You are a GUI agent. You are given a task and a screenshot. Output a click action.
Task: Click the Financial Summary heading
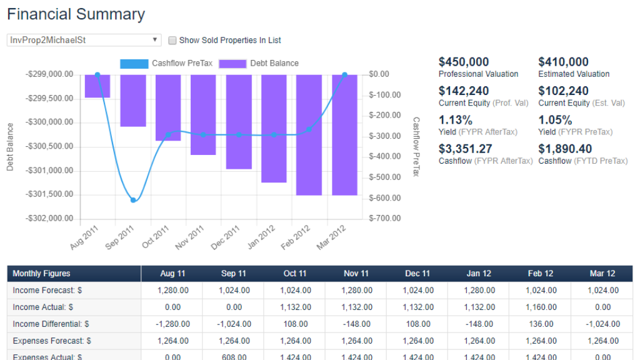(x=76, y=14)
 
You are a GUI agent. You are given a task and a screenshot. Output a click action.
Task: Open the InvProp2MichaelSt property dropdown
(x=84, y=40)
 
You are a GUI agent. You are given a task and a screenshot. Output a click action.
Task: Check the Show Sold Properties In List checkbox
(x=172, y=41)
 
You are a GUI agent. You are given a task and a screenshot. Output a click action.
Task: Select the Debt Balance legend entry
(x=259, y=63)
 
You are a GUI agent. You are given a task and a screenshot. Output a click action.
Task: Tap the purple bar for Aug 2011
(x=97, y=86)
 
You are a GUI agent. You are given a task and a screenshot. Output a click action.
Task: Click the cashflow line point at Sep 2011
(x=133, y=200)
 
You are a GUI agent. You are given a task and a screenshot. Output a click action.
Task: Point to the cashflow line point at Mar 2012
(x=344, y=75)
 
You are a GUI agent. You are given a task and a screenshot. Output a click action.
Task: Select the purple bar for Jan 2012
(x=274, y=128)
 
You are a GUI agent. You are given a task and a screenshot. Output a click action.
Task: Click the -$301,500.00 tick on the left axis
(x=50, y=194)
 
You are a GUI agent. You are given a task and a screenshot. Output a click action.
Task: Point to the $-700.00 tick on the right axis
(x=384, y=219)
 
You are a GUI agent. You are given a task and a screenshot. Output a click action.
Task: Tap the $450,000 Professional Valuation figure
(x=464, y=62)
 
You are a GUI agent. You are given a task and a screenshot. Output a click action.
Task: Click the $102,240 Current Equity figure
(x=563, y=91)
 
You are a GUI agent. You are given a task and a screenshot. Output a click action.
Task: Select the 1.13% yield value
(x=456, y=120)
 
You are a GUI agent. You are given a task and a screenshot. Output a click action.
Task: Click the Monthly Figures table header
(x=41, y=274)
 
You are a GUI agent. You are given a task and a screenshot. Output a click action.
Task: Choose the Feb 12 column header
(x=541, y=274)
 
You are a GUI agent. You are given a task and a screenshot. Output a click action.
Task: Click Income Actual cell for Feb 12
(x=541, y=307)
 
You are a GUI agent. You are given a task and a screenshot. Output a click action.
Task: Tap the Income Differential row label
(x=51, y=324)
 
